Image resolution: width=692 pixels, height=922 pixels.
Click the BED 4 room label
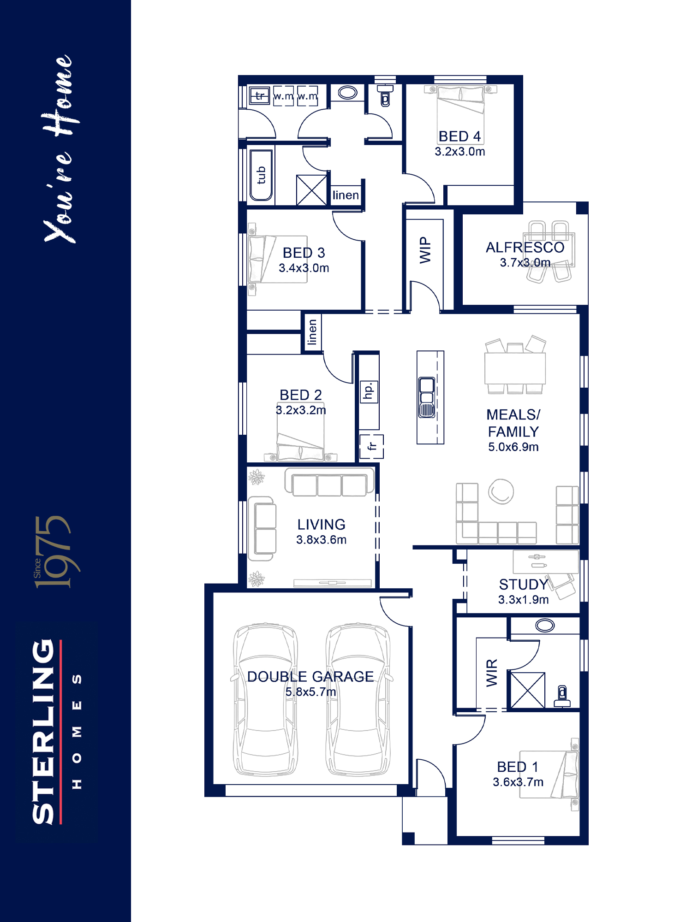click(459, 136)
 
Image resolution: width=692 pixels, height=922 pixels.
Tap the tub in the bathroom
click(261, 175)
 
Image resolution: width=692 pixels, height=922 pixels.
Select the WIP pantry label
click(425, 250)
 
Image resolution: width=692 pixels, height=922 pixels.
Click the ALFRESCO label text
click(525, 248)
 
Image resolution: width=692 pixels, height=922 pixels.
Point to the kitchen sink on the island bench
click(427, 397)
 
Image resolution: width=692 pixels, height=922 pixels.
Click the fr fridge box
click(372, 446)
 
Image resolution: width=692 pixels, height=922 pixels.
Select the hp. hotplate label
click(369, 391)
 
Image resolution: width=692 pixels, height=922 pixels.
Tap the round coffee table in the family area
click(501, 491)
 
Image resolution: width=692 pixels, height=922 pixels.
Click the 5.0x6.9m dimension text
click(513, 447)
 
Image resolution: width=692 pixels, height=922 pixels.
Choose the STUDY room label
click(523, 585)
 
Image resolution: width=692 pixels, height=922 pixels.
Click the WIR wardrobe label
click(492, 673)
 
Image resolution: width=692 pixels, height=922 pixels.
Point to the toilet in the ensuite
click(562, 697)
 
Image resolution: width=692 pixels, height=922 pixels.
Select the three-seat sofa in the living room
click(329, 482)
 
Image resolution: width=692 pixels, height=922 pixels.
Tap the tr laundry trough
click(260, 96)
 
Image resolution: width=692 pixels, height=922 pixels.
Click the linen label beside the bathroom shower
click(346, 195)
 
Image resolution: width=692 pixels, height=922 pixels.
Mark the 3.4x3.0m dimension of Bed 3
click(304, 268)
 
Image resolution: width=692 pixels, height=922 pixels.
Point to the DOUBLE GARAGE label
click(310, 677)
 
